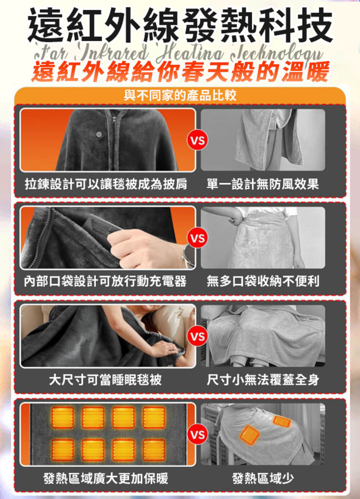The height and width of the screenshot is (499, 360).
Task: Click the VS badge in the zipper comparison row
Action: pyautogui.click(x=197, y=141)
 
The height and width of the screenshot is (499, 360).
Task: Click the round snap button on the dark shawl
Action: pyautogui.click(x=99, y=134)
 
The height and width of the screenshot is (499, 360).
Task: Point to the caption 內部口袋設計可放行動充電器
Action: pyautogui.click(x=105, y=281)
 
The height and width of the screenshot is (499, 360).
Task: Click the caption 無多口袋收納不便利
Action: pyautogui.click(x=263, y=281)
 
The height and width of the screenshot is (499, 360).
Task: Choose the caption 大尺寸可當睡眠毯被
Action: pyautogui.click(x=105, y=380)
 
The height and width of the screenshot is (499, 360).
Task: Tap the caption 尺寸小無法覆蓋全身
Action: pyautogui.click(x=263, y=380)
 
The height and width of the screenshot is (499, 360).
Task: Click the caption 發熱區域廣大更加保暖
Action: pyautogui.click(x=105, y=478)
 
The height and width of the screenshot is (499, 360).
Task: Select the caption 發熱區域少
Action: pyautogui.click(x=263, y=478)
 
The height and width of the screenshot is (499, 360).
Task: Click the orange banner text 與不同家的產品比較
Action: pyautogui.click(x=180, y=95)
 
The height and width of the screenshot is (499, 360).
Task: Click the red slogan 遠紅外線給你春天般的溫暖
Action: pyautogui.click(x=180, y=72)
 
